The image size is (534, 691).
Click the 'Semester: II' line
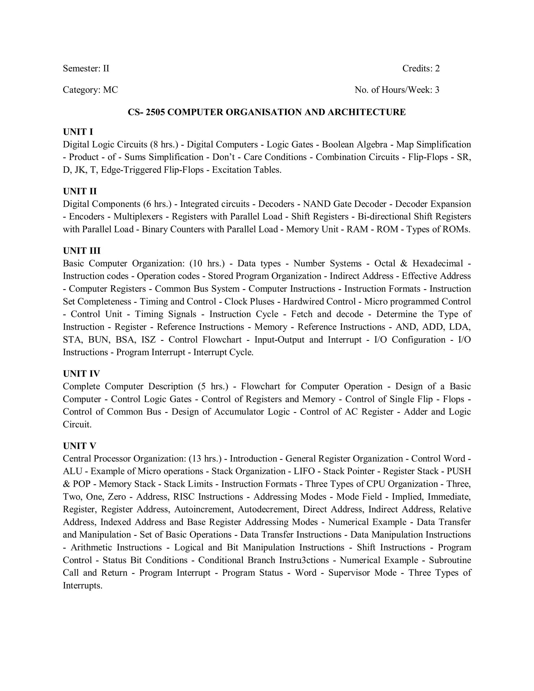(86, 68)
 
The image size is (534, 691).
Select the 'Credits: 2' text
(421, 68)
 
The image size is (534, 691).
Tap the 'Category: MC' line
(90, 90)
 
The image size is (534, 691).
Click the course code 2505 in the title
(155, 112)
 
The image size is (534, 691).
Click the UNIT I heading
(78, 132)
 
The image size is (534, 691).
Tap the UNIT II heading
(80, 191)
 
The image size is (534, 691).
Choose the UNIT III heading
(82, 251)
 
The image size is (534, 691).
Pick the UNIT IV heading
(81, 374)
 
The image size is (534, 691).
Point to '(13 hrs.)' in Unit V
(205, 458)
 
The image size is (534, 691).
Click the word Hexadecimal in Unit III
(438, 264)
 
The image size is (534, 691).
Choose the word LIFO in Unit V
(304, 471)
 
